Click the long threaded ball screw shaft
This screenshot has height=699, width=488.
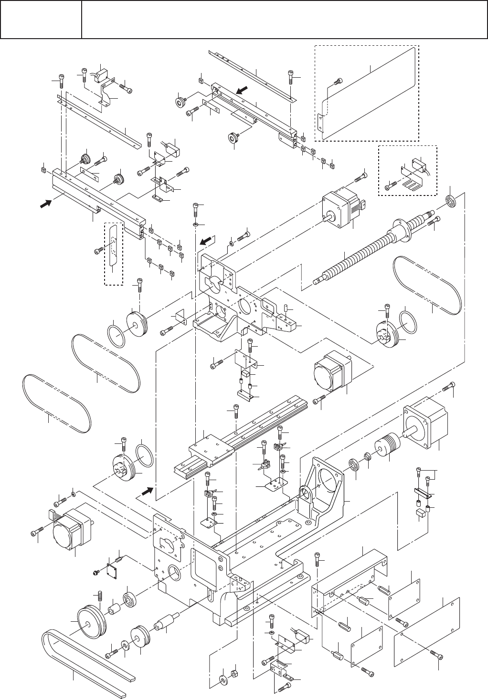tap(363, 253)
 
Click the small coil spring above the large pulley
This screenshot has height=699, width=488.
tap(100, 596)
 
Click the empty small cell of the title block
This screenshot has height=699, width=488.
tap(41, 20)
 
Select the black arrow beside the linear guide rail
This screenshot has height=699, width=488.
tap(148, 490)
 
